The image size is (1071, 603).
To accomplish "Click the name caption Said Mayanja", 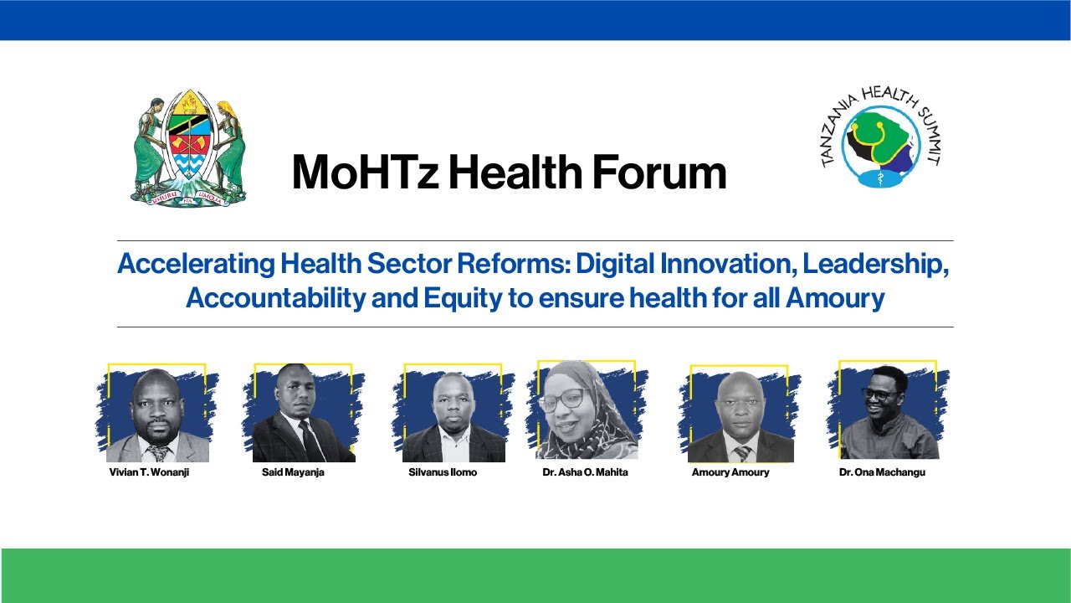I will coord(293,472).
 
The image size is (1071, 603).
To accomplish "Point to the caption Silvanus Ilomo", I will coord(443,472).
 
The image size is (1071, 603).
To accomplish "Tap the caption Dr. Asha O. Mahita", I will coord(585,472).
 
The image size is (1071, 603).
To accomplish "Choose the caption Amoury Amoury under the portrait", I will coord(730,472).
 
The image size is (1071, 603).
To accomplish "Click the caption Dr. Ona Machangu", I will coord(882,472).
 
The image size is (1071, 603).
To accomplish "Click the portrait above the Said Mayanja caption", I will coord(303,414).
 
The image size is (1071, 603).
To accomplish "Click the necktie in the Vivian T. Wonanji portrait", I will coord(157,452).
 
